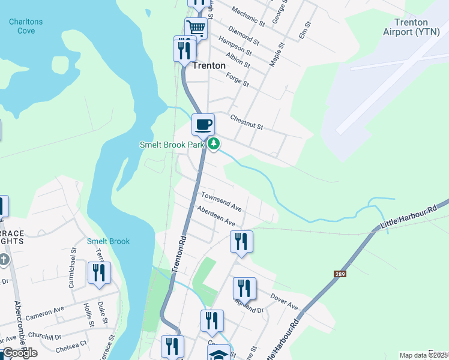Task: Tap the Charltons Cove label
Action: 26,26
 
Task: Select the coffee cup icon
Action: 203,124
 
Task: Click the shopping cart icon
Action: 196,28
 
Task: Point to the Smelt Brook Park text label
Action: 172,145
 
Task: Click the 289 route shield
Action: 340,274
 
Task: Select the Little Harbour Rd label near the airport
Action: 408,218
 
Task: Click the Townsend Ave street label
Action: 221,202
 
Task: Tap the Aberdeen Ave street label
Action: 215,215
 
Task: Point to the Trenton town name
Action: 209,65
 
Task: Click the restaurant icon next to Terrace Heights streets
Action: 99,272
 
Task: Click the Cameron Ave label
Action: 44,313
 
